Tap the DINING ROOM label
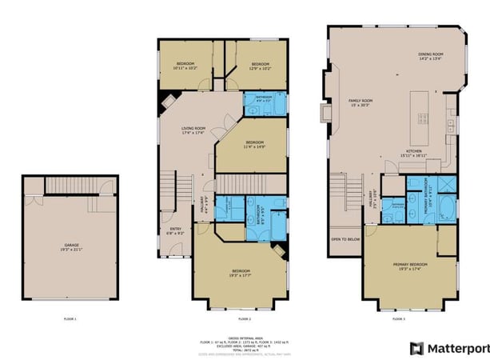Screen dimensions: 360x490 pyautogui.click(x=431, y=57)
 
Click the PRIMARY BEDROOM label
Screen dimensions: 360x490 pyautogui.click(x=409, y=265)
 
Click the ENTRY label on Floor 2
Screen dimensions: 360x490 pyautogui.click(x=175, y=230)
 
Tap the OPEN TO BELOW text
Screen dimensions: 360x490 pyautogui.click(x=345, y=238)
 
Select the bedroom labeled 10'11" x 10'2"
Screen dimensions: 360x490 pyautogui.click(x=185, y=66)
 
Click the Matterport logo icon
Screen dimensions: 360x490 pyautogui.click(x=416, y=348)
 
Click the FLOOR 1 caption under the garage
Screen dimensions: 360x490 pyautogui.click(x=70, y=319)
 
